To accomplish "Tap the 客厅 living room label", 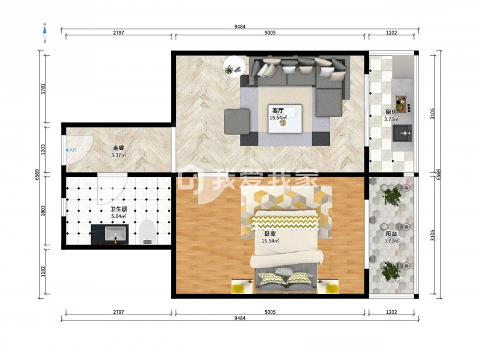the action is (278, 110).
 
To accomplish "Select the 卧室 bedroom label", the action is (270, 233).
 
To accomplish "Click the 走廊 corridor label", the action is (118, 148).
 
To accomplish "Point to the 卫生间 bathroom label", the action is (119, 209).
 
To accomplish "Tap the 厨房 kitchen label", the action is (391, 112).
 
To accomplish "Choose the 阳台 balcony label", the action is (391, 234).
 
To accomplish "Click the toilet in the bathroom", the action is (147, 232).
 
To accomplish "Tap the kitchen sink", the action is (403, 133).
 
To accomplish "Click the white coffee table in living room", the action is (285, 119).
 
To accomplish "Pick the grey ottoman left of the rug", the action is (236, 122).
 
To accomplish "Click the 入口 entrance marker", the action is (71, 151).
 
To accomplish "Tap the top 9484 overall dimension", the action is (239, 26).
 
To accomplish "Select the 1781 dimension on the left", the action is (43, 88).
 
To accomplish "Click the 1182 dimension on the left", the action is (43, 272).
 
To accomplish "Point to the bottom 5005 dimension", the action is (270, 312).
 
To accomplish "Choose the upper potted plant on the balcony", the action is (392, 196).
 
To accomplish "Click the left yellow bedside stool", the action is (237, 289).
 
